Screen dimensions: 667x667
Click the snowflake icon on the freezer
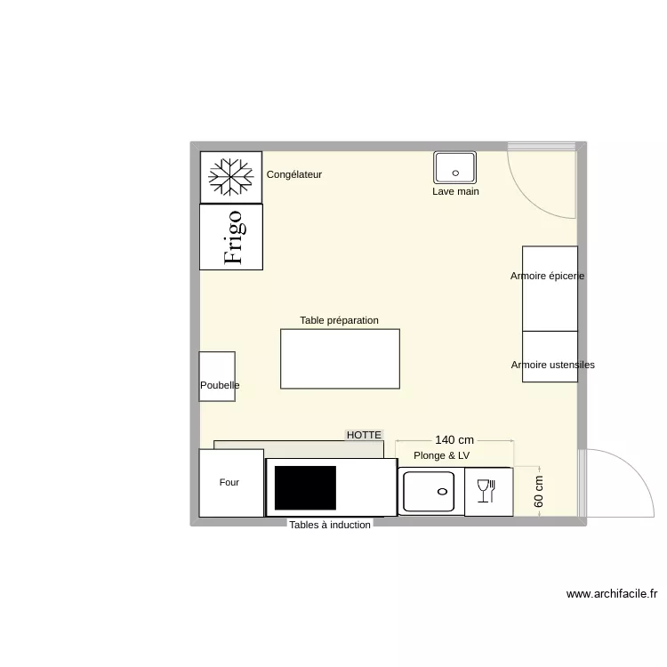pyautogui.click(x=230, y=177)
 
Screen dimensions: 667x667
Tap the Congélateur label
pyautogui.click(x=294, y=175)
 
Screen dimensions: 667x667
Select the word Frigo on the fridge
pyautogui.click(x=233, y=237)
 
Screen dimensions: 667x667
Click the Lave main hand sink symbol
pyautogui.click(x=455, y=167)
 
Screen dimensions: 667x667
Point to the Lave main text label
pyautogui.click(x=455, y=191)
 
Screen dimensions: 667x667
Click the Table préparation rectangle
pyautogui.click(x=340, y=358)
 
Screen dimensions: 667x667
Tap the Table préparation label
pyautogui.click(x=340, y=320)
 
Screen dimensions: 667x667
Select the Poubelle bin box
pyautogui.click(x=217, y=376)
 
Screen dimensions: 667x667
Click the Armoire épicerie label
pyautogui.click(x=547, y=276)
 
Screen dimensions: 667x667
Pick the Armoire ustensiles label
pyautogui.click(x=552, y=365)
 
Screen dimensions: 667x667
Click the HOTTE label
pyautogui.click(x=364, y=435)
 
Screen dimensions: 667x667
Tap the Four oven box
pyautogui.click(x=230, y=483)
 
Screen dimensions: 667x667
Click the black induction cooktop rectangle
pyautogui.click(x=305, y=487)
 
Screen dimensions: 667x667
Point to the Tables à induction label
pyautogui.click(x=329, y=525)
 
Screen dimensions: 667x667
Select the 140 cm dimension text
pyautogui.click(x=454, y=440)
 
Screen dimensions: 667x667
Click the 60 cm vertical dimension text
pyautogui.click(x=539, y=491)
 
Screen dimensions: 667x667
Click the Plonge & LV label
pyautogui.click(x=441, y=455)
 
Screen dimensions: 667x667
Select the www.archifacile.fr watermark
pyautogui.click(x=611, y=594)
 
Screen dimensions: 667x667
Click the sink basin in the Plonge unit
pyautogui.click(x=429, y=491)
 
